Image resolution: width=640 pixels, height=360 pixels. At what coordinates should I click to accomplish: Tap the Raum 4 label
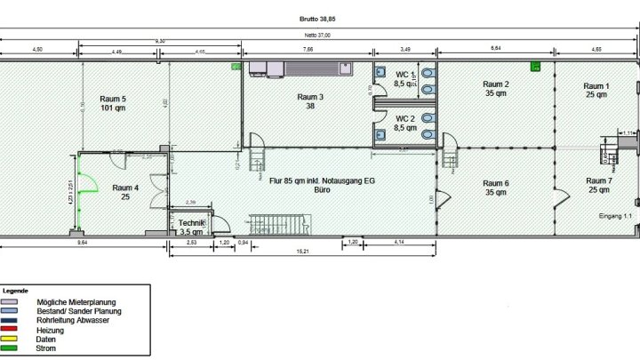(125, 192)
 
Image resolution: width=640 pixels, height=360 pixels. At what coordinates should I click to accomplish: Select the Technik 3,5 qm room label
(191, 227)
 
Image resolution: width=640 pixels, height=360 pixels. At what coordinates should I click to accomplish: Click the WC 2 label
(404, 123)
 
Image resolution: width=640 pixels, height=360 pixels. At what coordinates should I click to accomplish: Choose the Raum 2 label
(495, 89)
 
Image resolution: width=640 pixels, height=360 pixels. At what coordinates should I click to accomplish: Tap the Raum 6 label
(495, 188)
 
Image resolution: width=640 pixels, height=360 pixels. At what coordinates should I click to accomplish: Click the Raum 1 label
(596, 90)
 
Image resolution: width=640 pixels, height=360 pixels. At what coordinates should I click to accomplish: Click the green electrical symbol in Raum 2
(535, 66)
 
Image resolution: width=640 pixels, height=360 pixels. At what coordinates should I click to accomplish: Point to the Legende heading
(15, 291)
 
